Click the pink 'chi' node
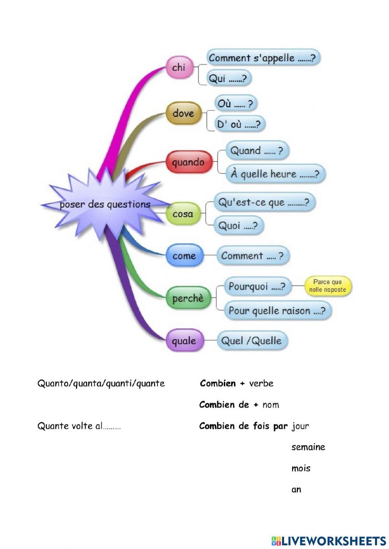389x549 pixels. (x=179, y=68)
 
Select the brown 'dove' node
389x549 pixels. (x=183, y=113)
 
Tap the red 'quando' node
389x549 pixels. (x=188, y=162)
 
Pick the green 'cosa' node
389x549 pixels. (x=183, y=214)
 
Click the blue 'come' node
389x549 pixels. (x=184, y=256)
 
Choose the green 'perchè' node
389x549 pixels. (x=188, y=298)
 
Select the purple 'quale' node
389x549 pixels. (x=184, y=341)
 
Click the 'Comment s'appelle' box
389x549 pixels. (x=263, y=58)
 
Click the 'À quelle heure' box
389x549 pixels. (x=275, y=174)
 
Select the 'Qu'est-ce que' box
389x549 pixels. (x=264, y=202)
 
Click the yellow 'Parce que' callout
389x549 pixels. (x=328, y=286)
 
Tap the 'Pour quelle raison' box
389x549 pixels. (x=277, y=310)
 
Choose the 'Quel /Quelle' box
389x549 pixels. (x=251, y=341)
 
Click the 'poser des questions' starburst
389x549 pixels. (x=105, y=204)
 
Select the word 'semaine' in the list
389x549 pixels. (x=308, y=447)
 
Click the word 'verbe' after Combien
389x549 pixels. (x=261, y=383)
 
